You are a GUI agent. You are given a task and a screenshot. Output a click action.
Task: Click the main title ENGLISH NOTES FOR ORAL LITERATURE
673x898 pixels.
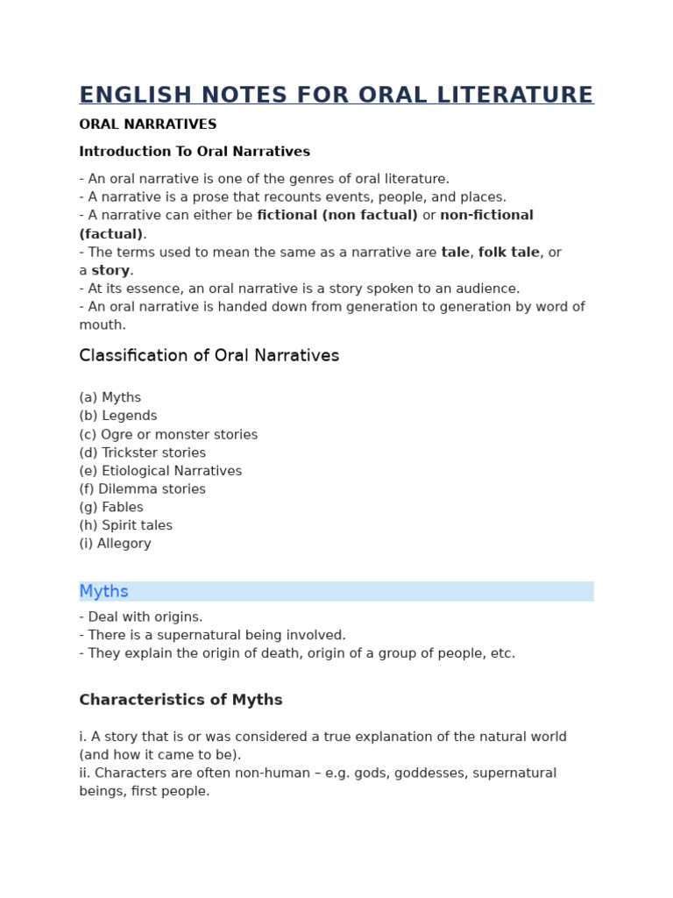[x=336, y=95]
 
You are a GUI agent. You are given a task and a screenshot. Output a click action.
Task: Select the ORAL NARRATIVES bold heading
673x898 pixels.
[x=147, y=125]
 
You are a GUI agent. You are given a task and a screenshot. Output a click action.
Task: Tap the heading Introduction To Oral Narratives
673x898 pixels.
[x=195, y=152]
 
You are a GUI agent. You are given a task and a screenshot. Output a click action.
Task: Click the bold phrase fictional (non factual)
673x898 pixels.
[x=337, y=216]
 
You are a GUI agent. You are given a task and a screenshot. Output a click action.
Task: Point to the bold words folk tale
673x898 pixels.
[x=508, y=253]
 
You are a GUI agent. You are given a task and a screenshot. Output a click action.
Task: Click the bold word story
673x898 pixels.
[x=110, y=271]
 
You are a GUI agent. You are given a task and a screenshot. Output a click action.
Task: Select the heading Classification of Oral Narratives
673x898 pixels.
[x=209, y=356]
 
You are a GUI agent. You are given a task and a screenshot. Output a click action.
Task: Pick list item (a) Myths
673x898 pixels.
[x=110, y=398]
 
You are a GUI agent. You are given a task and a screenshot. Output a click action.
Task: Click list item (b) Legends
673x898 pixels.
[x=118, y=417]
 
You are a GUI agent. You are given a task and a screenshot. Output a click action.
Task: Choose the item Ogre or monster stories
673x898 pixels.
[x=168, y=435]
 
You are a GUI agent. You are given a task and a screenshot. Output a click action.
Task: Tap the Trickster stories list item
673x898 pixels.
[x=142, y=453]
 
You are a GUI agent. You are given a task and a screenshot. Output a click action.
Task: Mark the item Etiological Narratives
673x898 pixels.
[x=160, y=471]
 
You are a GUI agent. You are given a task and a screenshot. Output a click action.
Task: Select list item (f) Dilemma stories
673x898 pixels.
[x=142, y=489]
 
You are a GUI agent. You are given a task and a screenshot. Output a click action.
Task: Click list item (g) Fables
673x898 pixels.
[x=111, y=508]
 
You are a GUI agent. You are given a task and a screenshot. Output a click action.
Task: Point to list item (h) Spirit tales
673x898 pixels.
[x=125, y=526]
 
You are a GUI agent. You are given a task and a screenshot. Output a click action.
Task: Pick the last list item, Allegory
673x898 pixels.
[x=115, y=544]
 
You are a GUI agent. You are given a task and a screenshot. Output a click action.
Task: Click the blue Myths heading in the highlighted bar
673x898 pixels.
[x=104, y=592]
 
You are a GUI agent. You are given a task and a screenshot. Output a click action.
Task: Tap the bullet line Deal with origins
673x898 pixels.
[x=141, y=617]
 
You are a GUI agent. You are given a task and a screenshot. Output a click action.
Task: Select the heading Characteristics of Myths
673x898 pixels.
[x=181, y=700]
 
